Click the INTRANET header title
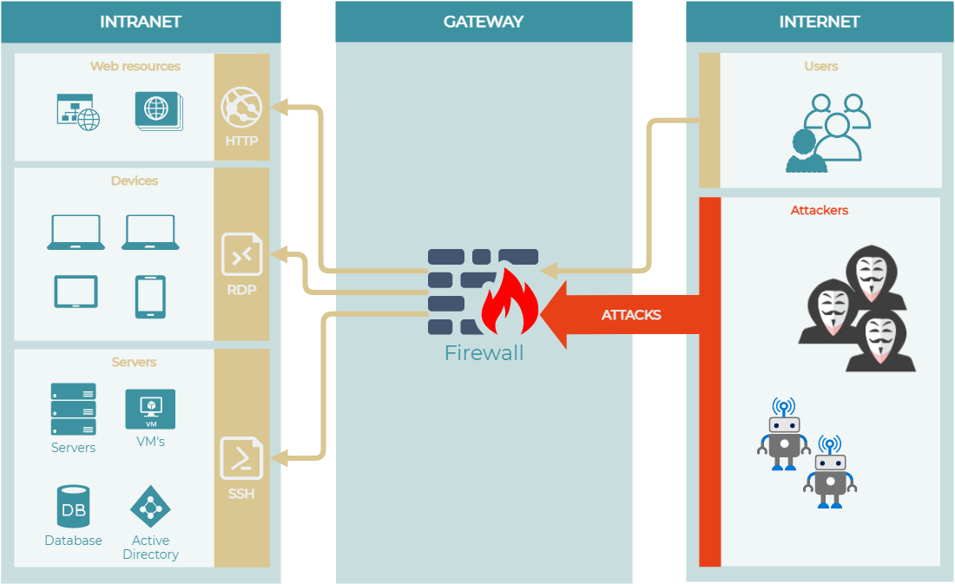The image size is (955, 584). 141,22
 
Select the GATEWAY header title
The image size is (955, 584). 484,22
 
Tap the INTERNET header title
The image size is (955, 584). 819,22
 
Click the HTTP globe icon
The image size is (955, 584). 241,108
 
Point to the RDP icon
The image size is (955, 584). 241,254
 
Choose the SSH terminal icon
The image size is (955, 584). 241,457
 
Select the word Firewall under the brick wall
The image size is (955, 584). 484,353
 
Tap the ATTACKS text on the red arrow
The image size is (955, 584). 631,315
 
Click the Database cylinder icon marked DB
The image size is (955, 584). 74,507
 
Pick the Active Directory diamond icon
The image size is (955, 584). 150,506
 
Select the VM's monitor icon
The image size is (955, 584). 150,408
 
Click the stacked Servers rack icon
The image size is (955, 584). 74,409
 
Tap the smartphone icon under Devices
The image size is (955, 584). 150,296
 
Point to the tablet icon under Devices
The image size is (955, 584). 76,292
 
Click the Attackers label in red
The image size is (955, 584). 819,210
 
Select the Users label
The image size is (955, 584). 820,66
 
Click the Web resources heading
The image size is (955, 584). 135,66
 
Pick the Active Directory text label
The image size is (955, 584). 150,548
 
